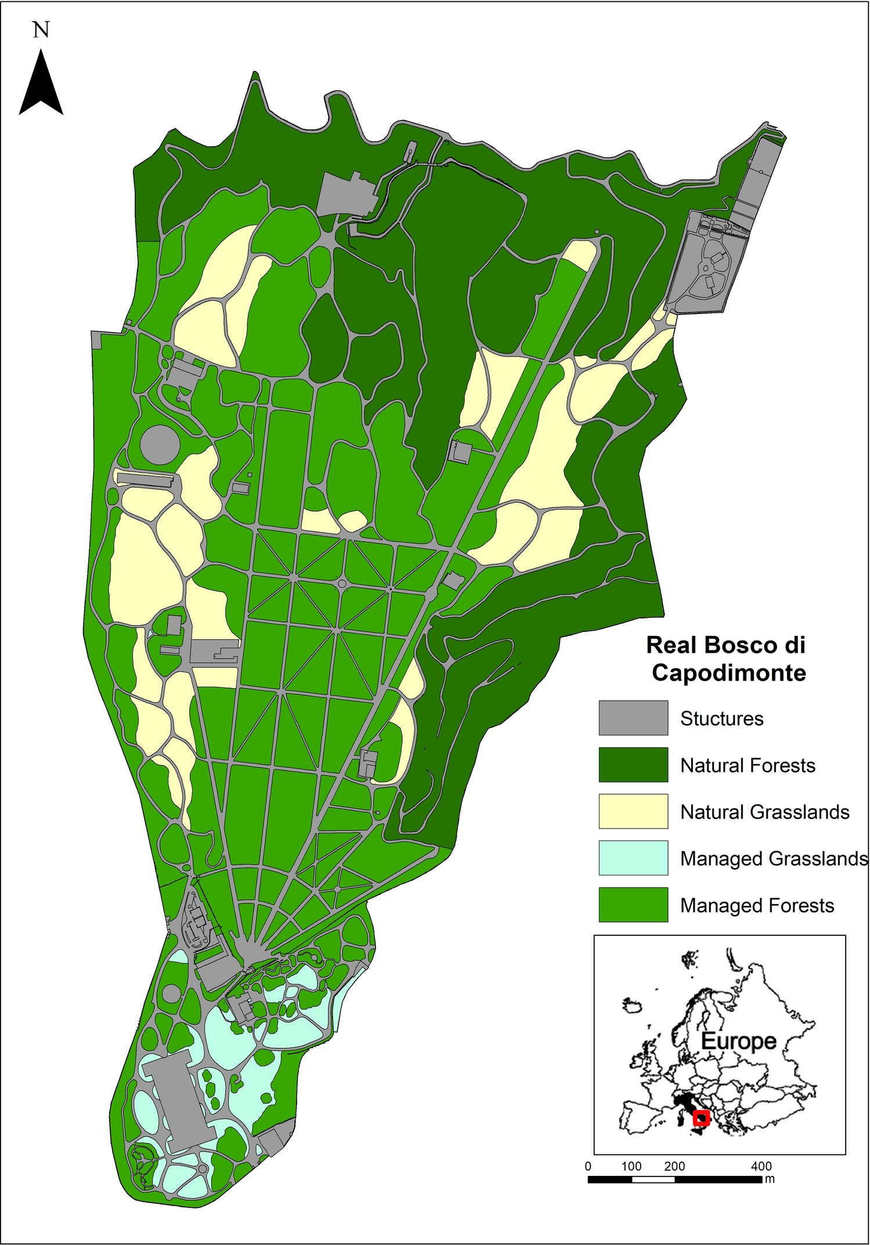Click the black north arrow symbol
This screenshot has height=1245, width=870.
point(41,84)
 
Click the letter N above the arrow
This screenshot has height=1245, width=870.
point(41,30)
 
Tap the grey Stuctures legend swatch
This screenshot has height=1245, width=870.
point(633,718)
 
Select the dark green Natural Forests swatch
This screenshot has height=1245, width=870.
point(633,765)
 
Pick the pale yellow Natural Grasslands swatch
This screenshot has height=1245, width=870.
point(633,811)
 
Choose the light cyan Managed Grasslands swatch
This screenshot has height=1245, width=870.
point(633,857)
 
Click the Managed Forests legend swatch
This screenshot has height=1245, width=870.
point(633,904)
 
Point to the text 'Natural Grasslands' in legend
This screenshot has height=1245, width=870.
point(764,812)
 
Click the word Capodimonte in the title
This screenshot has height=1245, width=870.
point(728,673)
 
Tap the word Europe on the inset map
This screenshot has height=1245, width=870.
point(738,1041)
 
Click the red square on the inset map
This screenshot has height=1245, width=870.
point(702,1118)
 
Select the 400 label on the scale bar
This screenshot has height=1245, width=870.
point(761,1166)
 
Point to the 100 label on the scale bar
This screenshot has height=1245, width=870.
point(631,1166)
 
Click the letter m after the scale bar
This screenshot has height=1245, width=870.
point(770,1179)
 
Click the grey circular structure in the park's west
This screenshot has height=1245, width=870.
point(159,444)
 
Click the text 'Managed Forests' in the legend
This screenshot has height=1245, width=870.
point(756,905)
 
